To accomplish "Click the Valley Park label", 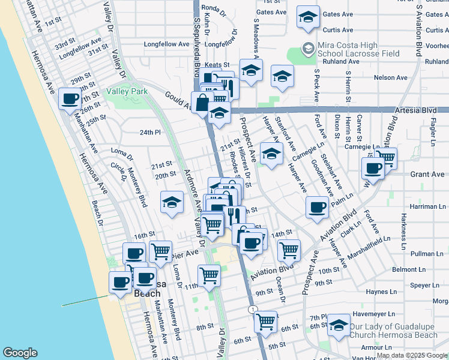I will coord(127,92).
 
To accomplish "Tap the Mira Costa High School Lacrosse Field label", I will coord(352,49).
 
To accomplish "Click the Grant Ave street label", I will coord(427,175).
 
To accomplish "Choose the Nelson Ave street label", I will coord(390,77).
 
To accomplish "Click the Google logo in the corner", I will coord(20,353).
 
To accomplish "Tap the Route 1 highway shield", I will coord(253,309).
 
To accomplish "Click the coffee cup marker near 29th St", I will coord(70,98).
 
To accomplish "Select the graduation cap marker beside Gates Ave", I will coord(308,17).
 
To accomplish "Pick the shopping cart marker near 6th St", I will coord(265,320).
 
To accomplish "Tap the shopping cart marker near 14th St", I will coord(289,248).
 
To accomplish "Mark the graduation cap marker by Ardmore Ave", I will coord(172,202).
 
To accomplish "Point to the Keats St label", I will coord(218,64).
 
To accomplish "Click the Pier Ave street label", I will coord(184,254).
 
